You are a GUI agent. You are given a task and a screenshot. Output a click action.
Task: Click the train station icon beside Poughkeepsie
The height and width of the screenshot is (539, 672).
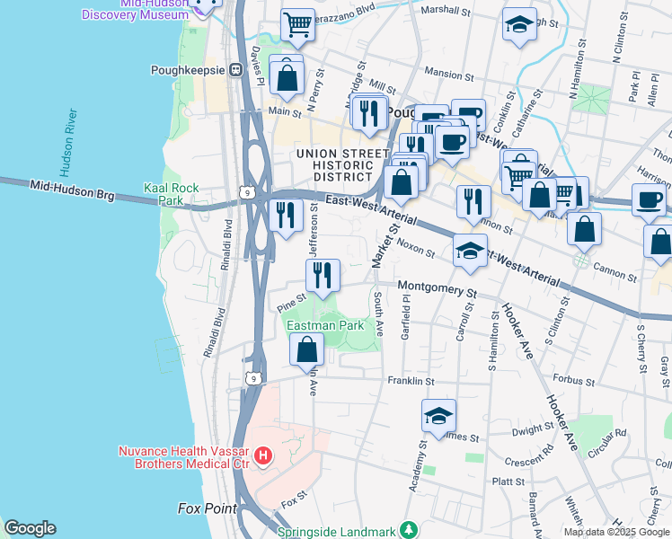point(236,69)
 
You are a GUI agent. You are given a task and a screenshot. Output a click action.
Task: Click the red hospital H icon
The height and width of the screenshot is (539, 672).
point(262,456)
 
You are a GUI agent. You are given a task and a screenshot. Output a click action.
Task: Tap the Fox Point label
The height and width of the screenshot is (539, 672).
point(208,508)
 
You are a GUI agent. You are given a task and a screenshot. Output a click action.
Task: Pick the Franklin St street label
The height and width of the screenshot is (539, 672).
point(411,381)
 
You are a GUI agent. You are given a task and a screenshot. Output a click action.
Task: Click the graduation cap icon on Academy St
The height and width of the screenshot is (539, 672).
point(438,416)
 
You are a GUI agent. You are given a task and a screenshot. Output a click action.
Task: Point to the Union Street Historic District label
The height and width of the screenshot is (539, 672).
point(335,165)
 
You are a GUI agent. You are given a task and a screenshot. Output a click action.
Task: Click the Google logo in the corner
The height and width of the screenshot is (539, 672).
point(30,528)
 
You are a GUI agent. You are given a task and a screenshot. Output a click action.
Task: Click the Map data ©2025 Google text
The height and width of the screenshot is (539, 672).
point(616,532)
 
